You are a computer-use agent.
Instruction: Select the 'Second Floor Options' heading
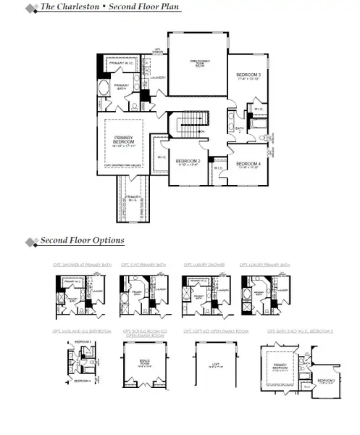82,241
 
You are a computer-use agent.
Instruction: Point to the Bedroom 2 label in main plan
188,162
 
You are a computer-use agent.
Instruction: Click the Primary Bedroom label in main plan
125,141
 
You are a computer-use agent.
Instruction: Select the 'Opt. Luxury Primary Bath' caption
265,265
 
